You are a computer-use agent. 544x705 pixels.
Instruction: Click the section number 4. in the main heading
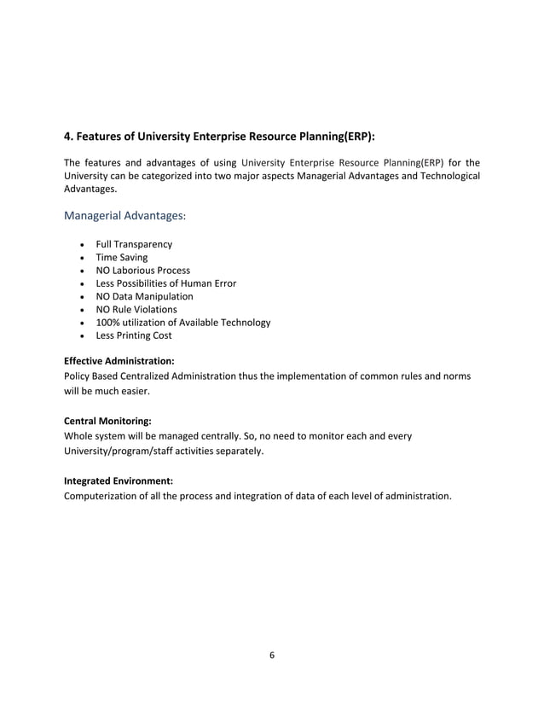[70, 136]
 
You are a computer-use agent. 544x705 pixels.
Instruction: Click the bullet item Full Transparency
[133, 244]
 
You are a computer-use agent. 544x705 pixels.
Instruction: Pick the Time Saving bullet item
[121, 257]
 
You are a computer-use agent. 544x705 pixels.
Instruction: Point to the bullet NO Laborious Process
[142, 271]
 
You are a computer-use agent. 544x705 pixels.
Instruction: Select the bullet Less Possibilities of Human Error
[165, 283]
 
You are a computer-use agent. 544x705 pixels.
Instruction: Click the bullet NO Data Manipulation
[144, 296]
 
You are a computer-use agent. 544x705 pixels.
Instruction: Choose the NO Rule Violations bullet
[136, 309]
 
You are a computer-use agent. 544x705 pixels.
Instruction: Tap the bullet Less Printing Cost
[133, 335]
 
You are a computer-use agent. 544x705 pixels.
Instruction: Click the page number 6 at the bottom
[272, 655]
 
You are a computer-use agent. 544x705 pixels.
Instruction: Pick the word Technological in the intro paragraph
[448, 176]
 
